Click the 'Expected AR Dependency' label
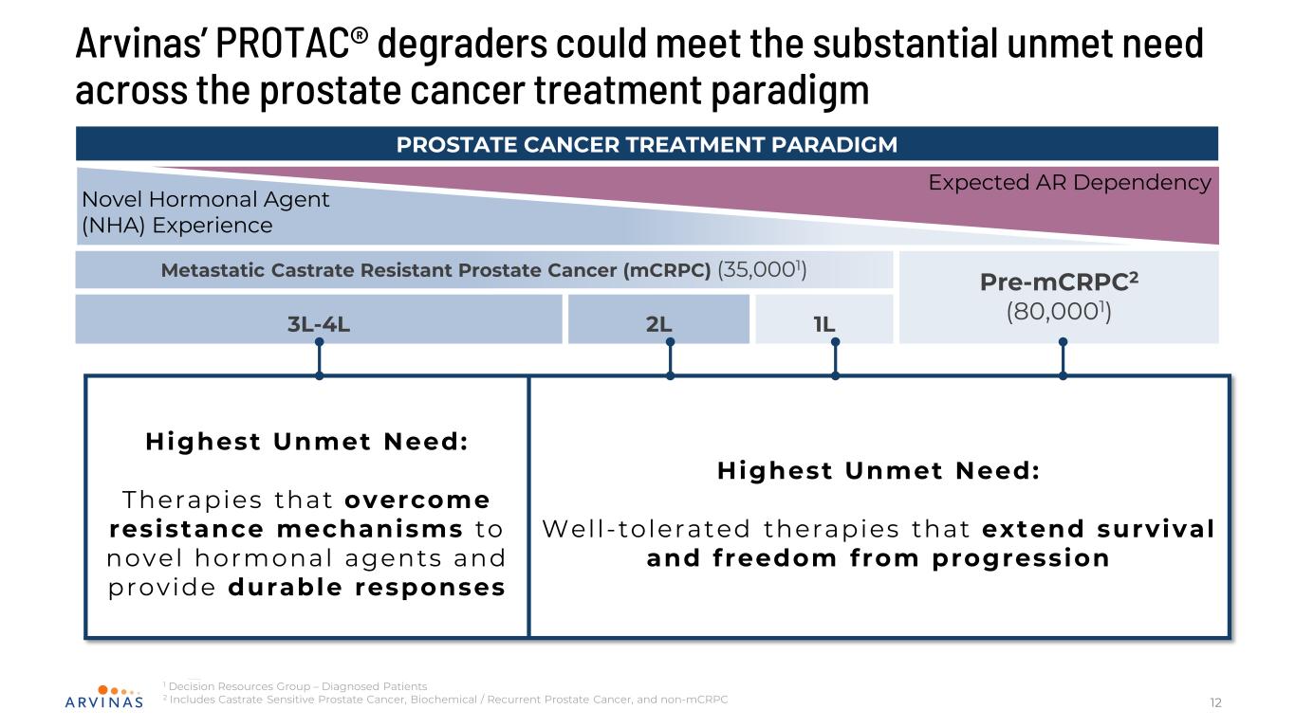pyautogui.click(x=1069, y=182)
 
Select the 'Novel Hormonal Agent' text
pyautogui.click(x=206, y=200)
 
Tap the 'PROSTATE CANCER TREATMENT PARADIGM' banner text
pyautogui.click(x=646, y=144)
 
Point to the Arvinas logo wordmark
pyautogui.click(x=105, y=702)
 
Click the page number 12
pyautogui.click(x=1215, y=702)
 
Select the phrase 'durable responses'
pyautogui.click(x=367, y=588)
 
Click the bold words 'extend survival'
pyautogui.click(x=1099, y=529)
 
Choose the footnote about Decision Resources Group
pyautogui.click(x=297, y=686)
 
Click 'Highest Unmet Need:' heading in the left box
pyautogui.click(x=307, y=442)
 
